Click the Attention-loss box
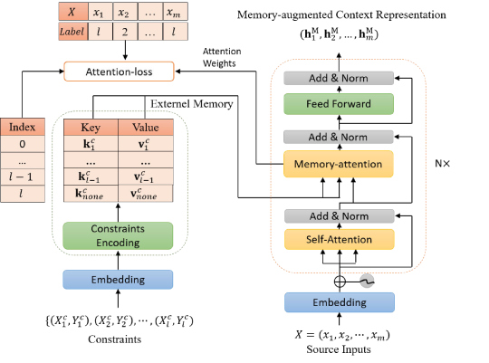tap(119, 72)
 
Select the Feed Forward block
tap(339, 104)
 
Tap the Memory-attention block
tap(339, 164)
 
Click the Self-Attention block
tap(340, 239)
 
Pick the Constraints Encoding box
tap(118, 235)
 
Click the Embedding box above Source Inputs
tap(340, 302)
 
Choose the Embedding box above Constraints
tap(118, 280)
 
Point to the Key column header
tap(91, 128)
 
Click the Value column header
tap(146, 128)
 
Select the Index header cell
tap(23, 127)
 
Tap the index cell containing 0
tap(23, 144)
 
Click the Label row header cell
tap(72, 31)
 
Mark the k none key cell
tap(91, 194)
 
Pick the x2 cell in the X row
tap(125, 12)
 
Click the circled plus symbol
tap(340, 282)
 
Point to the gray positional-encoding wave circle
tap(367, 282)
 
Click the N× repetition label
tap(443, 164)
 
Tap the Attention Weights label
tap(222, 57)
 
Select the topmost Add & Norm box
tap(339, 78)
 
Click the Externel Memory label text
tap(192, 104)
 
